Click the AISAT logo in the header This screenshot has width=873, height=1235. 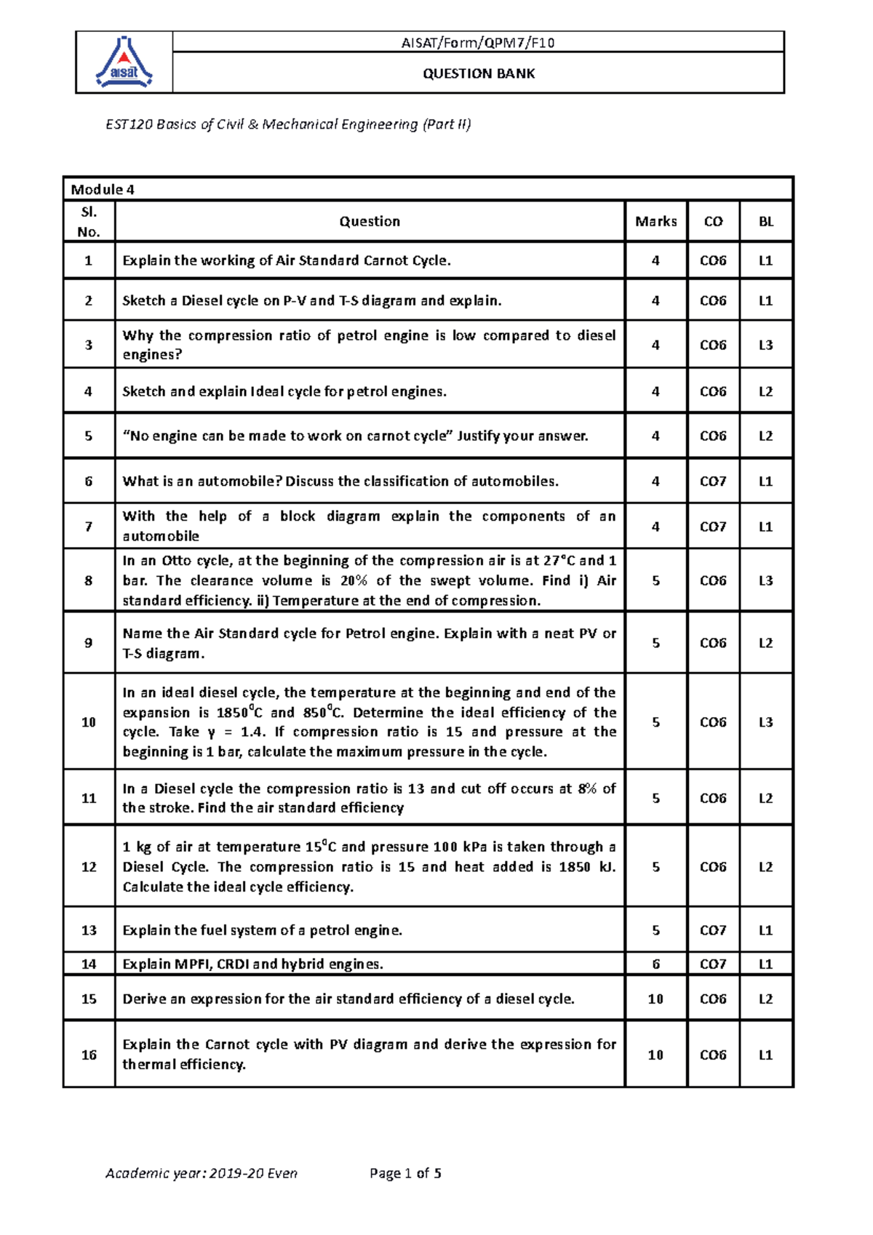point(124,63)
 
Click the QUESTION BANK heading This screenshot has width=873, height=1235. point(479,73)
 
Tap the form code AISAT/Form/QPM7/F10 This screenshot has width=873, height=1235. point(478,43)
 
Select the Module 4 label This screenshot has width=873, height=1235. point(103,190)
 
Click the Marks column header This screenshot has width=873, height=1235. point(655,221)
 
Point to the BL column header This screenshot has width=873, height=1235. point(766,222)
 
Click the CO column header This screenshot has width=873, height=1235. point(713,222)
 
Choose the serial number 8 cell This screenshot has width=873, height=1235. point(89,580)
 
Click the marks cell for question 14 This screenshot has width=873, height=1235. point(655,964)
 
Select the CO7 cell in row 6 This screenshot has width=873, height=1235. point(713,481)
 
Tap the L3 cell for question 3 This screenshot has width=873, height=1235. point(766,345)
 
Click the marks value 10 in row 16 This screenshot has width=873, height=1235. point(655,1055)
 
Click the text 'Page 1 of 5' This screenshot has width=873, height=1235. point(405,1173)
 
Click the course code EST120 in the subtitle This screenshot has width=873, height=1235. point(129,124)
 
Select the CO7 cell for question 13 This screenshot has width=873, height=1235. point(713,930)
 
